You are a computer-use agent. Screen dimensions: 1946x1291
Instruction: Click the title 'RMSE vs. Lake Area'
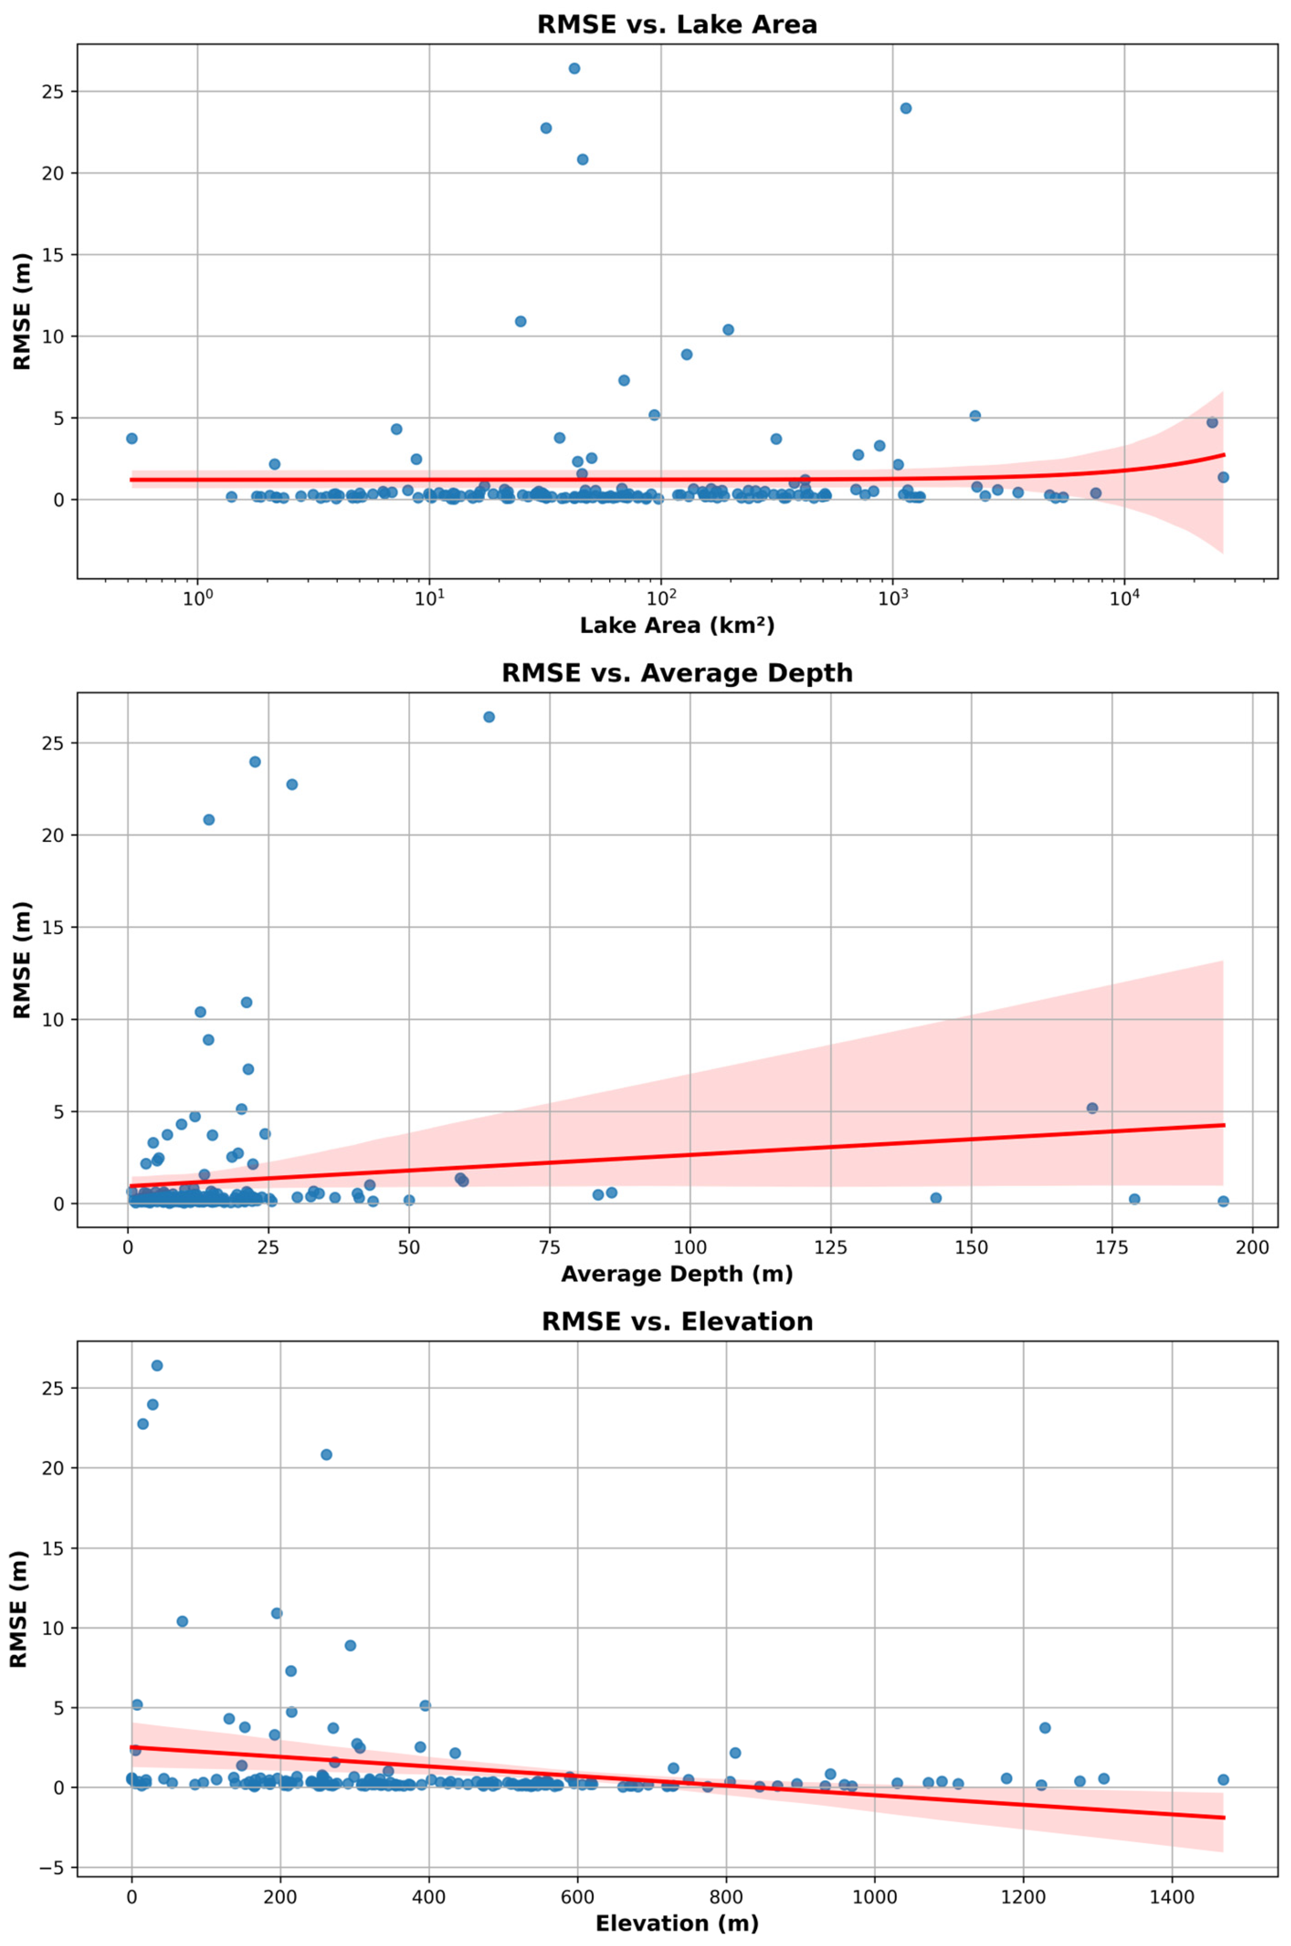coord(677,24)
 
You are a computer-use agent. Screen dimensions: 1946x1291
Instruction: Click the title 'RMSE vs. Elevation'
coord(677,1321)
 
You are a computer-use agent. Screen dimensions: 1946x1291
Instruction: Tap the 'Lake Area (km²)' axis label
coord(677,625)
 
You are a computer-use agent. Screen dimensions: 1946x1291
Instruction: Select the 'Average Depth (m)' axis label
coord(677,1274)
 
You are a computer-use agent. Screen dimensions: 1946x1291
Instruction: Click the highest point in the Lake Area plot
coord(574,68)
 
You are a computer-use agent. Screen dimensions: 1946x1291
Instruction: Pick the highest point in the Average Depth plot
coord(488,717)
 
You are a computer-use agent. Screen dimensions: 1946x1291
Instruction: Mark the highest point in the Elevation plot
coord(156,1365)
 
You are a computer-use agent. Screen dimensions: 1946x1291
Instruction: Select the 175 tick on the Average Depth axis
coord(1111,1247)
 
